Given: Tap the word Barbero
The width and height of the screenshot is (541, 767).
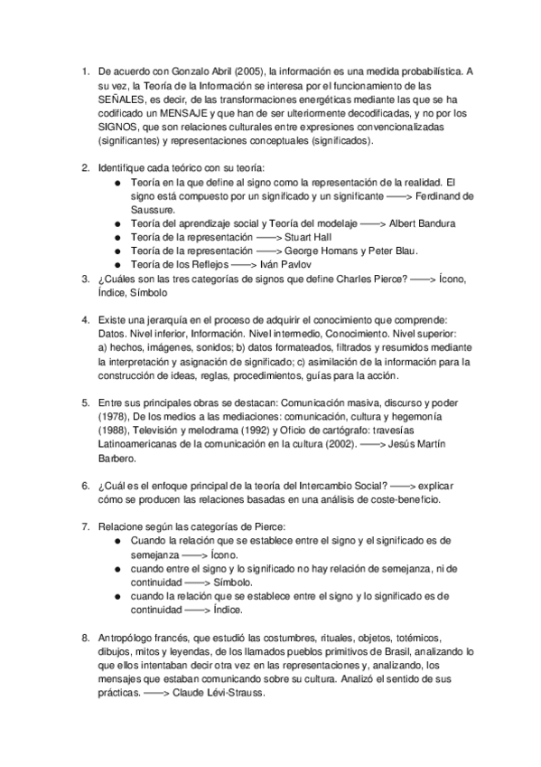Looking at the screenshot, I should (x=117, y=459).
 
